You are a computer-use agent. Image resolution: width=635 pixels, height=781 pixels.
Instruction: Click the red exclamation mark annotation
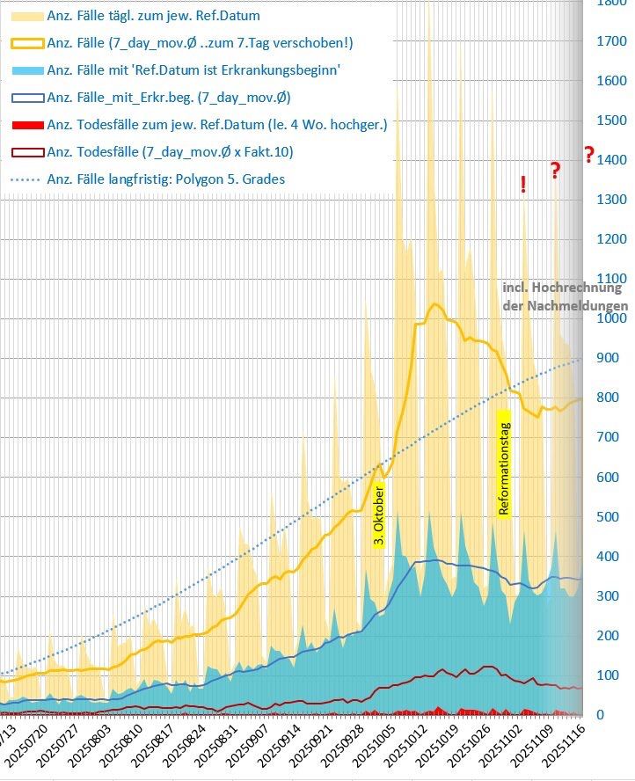pyautogui.click(x=523, y=184)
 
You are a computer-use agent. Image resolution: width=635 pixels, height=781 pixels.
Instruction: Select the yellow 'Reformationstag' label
pyautogui.click(x=504, y=463)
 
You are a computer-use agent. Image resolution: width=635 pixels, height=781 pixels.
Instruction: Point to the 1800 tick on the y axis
pyautogui.click(x=611, y=4)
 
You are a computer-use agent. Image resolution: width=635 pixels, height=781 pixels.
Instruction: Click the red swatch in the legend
pyautogui.click(x=26, y=125)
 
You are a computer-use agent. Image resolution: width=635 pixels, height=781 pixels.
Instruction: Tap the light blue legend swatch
pyautogui.click(x=26, y=69)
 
